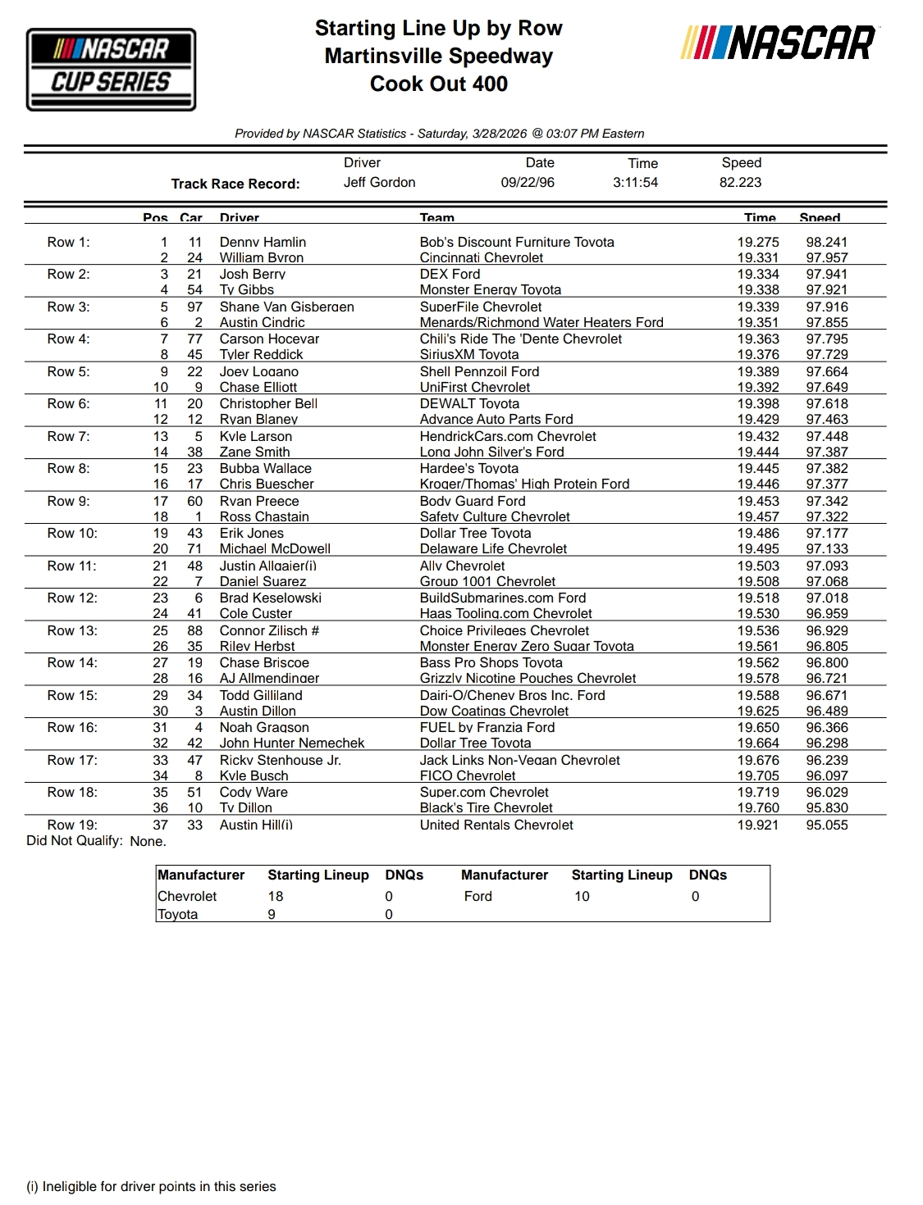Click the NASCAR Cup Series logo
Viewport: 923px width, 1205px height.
(111, 69)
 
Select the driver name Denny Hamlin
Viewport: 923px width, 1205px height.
(263, 242)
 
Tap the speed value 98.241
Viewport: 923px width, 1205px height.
(826, 242)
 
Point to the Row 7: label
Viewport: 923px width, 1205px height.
(68, 436)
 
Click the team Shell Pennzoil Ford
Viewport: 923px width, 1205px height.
(479, 371)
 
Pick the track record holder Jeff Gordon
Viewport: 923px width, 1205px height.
(379, 182)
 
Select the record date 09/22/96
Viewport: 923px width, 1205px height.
(528, 182)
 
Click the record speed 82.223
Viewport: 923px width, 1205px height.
(740, 182)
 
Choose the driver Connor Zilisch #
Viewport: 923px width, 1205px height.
(269, 630)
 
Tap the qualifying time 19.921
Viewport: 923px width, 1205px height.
(757, 825)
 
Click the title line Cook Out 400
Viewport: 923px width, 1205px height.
(439, 84)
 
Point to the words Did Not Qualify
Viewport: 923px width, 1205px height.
(75, 841)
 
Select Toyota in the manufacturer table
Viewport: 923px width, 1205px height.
(178, 914)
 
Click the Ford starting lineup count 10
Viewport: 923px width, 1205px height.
(582, 896)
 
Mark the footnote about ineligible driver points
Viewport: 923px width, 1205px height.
(151, 1186)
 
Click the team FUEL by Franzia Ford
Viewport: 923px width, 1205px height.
(487, 727)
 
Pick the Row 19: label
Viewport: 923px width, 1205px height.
(72, 825)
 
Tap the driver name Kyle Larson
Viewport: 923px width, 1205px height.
(255, 436)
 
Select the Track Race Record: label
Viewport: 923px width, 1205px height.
(235, 184)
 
